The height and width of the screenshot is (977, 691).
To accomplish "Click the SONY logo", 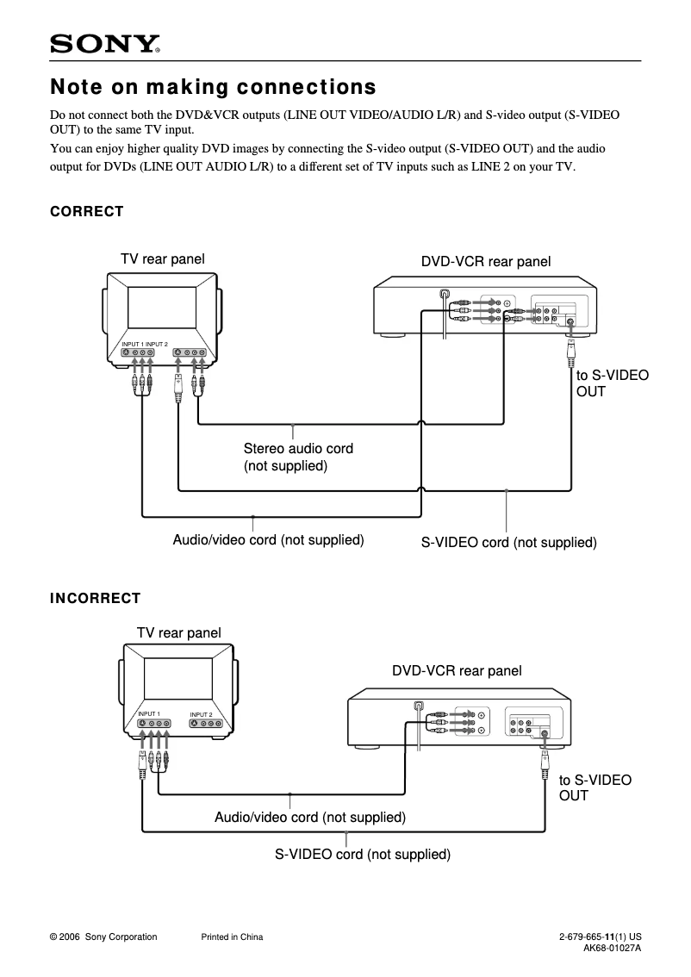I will pyautogui.click(x=105, y=44).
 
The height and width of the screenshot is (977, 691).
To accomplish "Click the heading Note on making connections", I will pyautogui.click(x=213, y=87).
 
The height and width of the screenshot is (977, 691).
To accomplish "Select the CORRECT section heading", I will pyautogui.click(x=87, y=211).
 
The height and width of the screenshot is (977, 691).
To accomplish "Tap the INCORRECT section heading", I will pyautogui.click(x=95, y=598).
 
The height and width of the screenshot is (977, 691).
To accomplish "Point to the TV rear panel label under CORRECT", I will pyautogui.click(x=162, y=258).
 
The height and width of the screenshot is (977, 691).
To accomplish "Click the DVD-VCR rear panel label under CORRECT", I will pyautogui.click(x=485, y=262).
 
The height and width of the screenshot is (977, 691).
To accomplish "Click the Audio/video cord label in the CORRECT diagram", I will pyautogui.click(x=268, y=540).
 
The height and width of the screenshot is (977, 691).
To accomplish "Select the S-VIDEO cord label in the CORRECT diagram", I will pyautogui.click(x=508, y=543).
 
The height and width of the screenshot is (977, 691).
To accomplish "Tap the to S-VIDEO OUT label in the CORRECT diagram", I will pyautogui.click(x=612, y=383).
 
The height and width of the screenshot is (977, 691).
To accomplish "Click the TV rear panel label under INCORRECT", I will pyautogui.click(x=178, y=632).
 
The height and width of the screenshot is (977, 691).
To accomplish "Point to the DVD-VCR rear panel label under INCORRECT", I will pyautogui.click(x=457, y=670).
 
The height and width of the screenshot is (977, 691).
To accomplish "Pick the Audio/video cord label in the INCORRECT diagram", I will pyautogui.click(x=309, y=817).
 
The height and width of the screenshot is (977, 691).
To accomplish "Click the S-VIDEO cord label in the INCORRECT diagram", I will pyautogui.click(x=363, y=855).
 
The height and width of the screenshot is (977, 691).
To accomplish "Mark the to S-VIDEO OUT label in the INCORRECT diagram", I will pyautogui.click(x=595, y=787).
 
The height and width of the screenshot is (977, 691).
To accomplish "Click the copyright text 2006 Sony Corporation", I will pyautogui.click(x=103, y=937).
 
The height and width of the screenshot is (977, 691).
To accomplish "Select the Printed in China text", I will pyautogui.click(x=232, y=937).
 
